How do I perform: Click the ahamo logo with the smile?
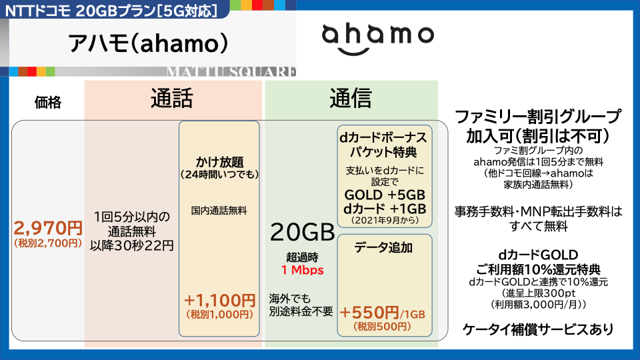pos(377,39)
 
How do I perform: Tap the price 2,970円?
pos(48,228)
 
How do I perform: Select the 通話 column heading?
pos(171,99)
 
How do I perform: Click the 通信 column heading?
pos(351,99)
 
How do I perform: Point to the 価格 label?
pos(48,102)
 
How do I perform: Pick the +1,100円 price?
pos(219,301)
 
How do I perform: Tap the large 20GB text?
pos(303,232)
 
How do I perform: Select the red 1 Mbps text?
pos(303,270)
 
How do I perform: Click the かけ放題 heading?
pos(219,162)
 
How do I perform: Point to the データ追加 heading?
pos(383,247)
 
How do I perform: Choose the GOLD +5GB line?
pos(385,195)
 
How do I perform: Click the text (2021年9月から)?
pos(385,221)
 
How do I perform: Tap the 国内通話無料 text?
pos(219,211)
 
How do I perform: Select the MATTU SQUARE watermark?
pos(231,72)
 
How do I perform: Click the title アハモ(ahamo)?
pos(148,43)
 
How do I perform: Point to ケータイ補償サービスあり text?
pos(538,329)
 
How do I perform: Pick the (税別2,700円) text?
pos(48,243)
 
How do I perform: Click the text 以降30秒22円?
pos(132,246)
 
